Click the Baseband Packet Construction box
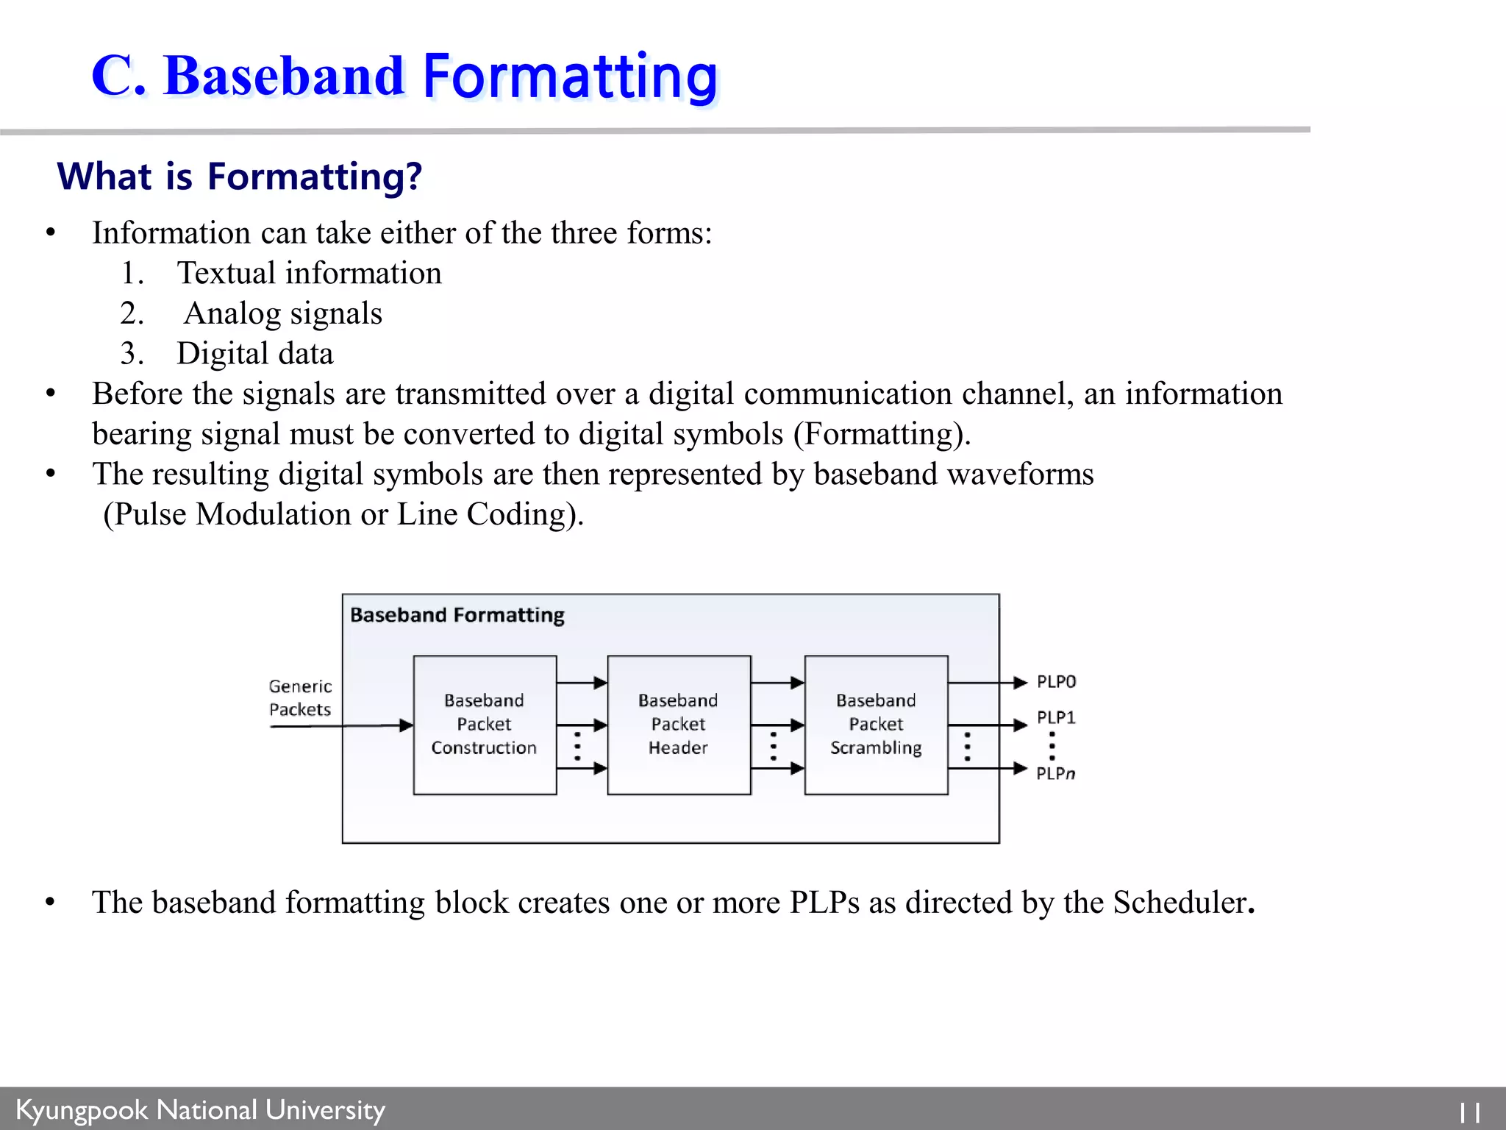tap(484, 725)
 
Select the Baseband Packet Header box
tap(678, 725)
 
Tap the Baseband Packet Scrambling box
tap(875, 725)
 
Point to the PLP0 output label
tap(1056, 682)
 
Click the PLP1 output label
tap(1056, 717)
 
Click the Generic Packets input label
tap(300, 697)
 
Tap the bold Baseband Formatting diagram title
tap(457, 615)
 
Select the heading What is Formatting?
tap(240, 177)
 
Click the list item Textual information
tap(309, 273)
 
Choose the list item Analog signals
tap(282, 313)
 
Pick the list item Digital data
tap(254, 354)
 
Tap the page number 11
tap(1469, 1112)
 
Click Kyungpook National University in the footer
tap(200, 1109)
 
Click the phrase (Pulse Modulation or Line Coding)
tap(343, 514)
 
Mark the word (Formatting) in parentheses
tap(881, 434)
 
